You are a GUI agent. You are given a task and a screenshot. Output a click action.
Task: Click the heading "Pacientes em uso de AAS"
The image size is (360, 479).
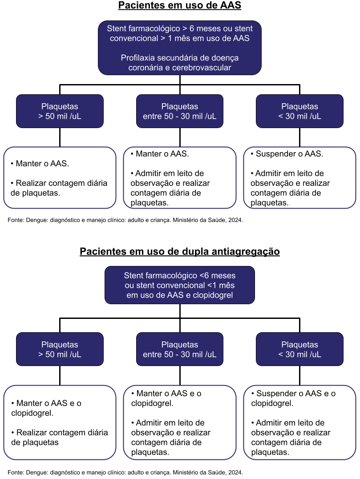pyautogui.click(x=179, y=6)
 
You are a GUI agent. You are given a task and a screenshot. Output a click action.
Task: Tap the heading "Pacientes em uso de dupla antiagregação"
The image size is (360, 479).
pyautogui.click(x=179, y=252)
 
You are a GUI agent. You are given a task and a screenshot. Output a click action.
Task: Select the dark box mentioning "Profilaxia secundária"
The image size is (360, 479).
pyautogui.click(x=179, y=47)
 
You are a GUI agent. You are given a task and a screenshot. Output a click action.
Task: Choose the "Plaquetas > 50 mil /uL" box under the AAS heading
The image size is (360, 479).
pyautogui.click(x=60, y=111)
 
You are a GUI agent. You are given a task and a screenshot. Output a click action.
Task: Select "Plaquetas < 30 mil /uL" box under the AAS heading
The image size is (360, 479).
pyautogui.click(x=299, y=111)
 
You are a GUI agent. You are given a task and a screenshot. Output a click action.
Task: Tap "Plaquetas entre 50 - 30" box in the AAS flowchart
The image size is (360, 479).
pyautogui.click(x=179, y=111)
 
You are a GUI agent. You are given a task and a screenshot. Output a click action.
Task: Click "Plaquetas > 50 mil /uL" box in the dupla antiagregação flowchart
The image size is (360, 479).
pyautogui.click(x=60, y=350)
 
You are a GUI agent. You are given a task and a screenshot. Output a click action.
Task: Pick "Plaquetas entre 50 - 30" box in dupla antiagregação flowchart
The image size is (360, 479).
pyautogui.click(x=179, y=350)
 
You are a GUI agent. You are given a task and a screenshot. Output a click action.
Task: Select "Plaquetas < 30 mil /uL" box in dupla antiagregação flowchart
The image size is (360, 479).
pyautogui.click(x=299, y=350)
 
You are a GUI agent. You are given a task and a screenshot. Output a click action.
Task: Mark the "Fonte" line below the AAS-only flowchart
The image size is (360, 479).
pyautogui.click(x=125, y=220)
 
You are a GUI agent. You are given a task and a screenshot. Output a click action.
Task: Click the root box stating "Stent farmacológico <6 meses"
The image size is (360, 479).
pyautogui.click(x=179, y=285)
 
